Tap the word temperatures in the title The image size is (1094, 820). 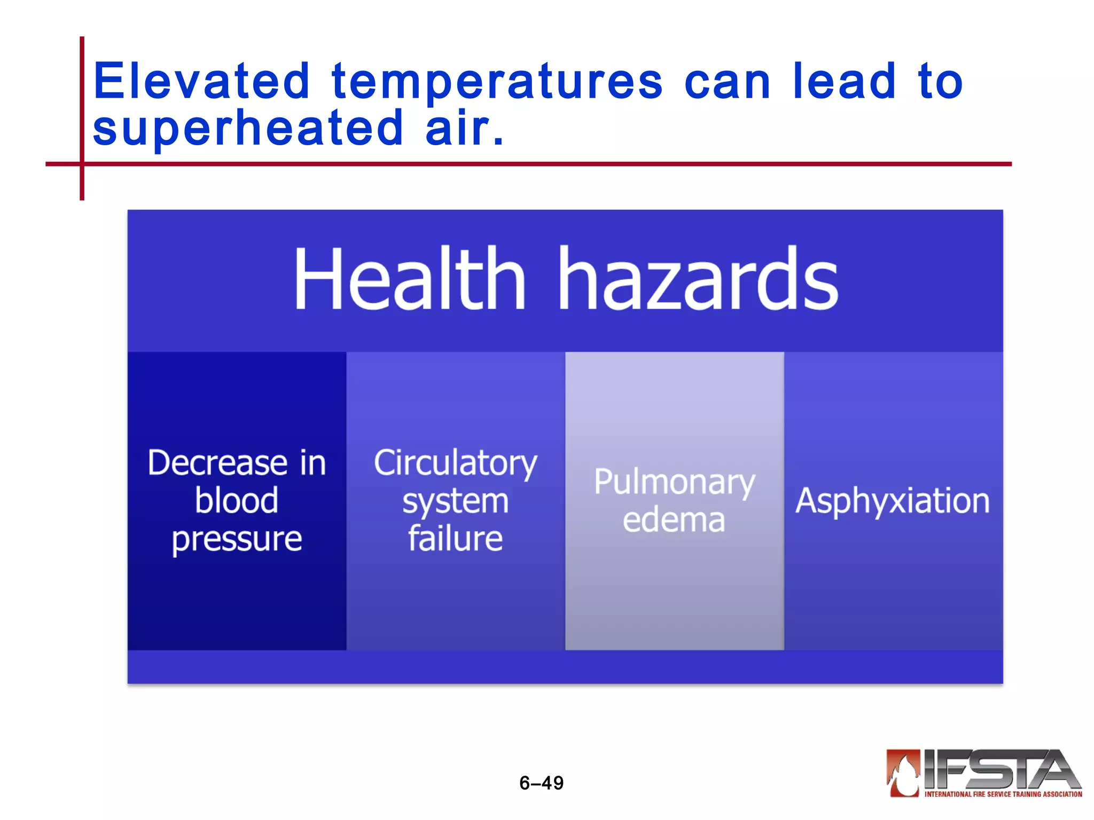497,83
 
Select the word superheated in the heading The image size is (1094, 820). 248,129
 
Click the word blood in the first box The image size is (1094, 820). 237,501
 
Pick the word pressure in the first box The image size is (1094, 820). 237,539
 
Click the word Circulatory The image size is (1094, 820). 455,463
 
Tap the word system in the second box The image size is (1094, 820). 455,502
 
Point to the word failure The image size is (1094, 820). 455,539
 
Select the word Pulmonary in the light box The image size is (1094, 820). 674,483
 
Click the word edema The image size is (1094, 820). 674,520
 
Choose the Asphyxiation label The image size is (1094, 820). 893,501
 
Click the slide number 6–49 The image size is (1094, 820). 541,783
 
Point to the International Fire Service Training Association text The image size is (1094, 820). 1003,794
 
